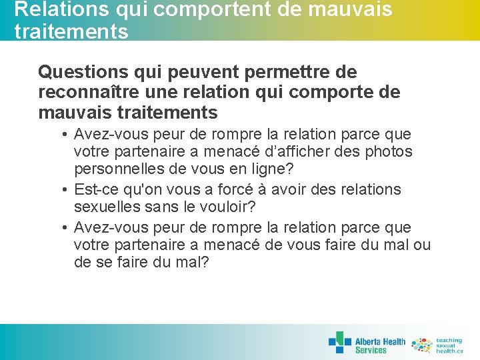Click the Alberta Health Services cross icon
click(x=339, y=342)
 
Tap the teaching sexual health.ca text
click(x=449, y=345)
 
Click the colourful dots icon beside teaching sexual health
click(x=422, y=345)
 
